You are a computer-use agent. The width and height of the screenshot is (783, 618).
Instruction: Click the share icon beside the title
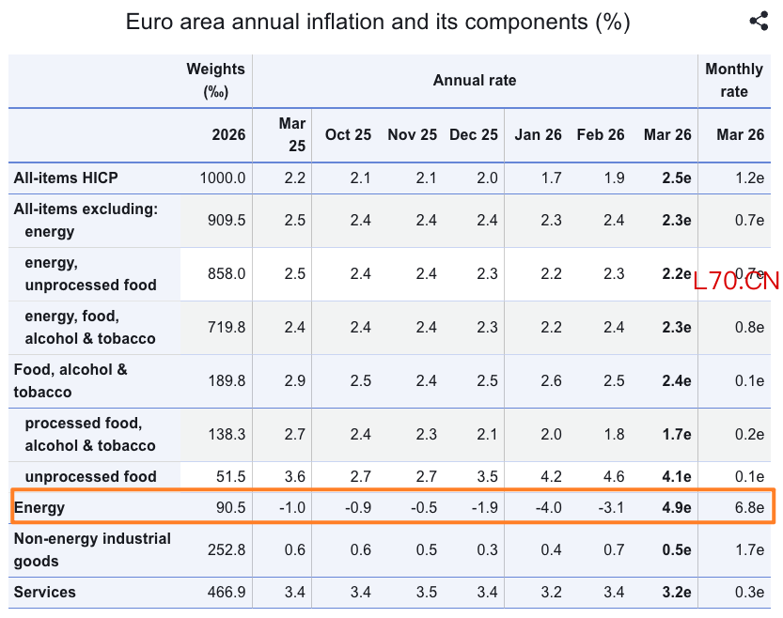(759, 22)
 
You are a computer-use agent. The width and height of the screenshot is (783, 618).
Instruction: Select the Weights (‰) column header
(215, 81)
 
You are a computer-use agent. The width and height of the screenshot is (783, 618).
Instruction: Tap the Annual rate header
(475, 81)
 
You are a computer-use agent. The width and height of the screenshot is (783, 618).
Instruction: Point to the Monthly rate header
(734, 81)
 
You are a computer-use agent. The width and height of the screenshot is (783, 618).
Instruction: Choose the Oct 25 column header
(348, 134)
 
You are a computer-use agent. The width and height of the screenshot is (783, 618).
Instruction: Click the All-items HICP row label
(66, 178)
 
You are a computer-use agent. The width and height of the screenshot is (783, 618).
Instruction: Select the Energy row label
(39, 508)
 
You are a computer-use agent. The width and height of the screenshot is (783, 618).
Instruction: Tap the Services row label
(45, 593)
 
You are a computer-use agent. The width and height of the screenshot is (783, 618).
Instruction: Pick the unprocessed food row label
(90, 476)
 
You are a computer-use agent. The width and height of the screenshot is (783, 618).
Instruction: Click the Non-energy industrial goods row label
(92, 550)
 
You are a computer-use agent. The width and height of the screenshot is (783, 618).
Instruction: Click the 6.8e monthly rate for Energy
(748, 508)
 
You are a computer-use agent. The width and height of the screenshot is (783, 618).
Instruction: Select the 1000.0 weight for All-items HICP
(223, 178)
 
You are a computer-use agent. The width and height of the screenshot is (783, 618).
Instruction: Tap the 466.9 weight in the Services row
(227, 593)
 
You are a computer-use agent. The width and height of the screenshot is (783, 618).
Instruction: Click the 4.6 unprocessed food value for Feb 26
(614, 476)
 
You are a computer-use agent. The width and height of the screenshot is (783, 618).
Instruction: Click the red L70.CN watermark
(736, 281)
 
